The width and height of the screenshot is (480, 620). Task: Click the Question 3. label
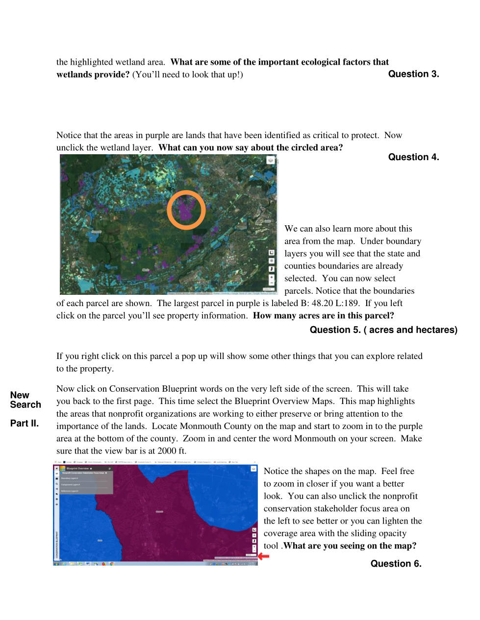[x=413, y=74]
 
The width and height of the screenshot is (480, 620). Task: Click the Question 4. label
[x=413, y=157]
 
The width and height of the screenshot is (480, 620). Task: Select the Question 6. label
[x=396, y=564]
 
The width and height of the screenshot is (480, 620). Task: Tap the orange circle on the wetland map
[x=186, y=210]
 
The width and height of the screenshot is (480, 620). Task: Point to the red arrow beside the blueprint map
[x=264, y=556]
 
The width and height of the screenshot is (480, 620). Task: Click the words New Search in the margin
[x=25, y=400]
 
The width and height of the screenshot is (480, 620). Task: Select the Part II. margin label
[x=25, y=423]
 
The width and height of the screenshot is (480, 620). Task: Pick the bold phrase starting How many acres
[x=324, y=316]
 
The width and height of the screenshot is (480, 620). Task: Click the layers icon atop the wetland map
[x=270, y=160]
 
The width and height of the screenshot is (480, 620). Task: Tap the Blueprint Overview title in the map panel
[x=77, y=469]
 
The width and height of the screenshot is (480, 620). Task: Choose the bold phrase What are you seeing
[x=350, y=546]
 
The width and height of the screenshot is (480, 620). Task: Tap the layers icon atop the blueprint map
[x=253, y=469]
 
